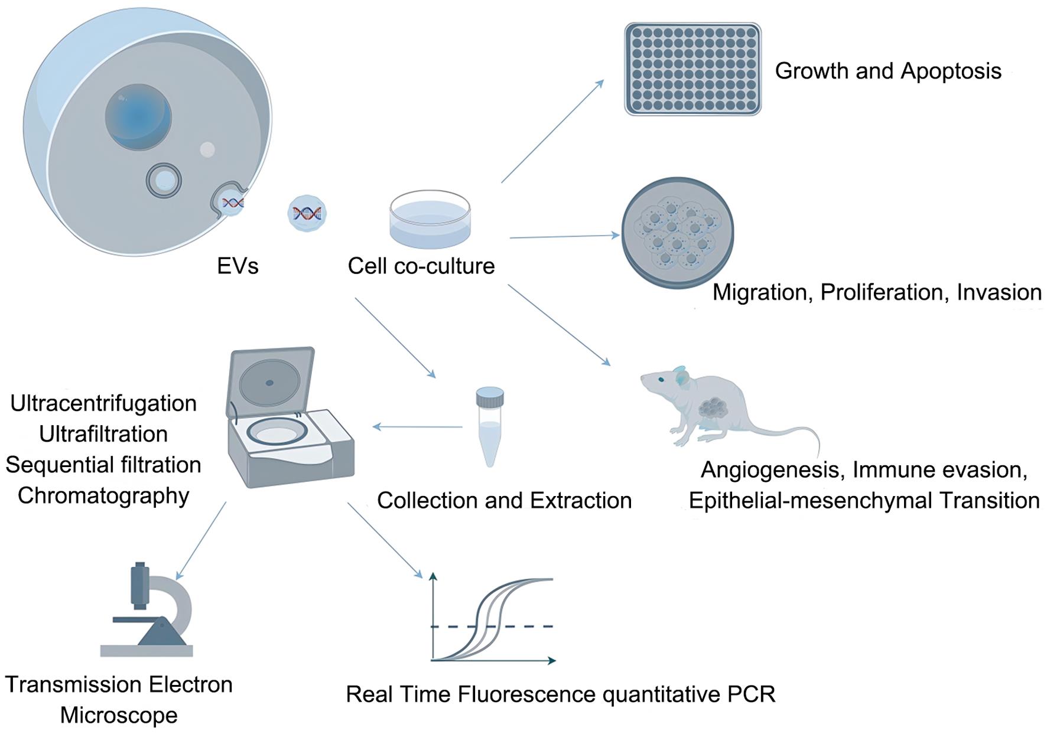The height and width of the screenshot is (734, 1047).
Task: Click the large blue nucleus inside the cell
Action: click(x=138, y=117)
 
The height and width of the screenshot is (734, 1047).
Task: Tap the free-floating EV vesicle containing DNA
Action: click(x=307, y=213)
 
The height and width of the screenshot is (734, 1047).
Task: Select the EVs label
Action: click(x=238, y=266)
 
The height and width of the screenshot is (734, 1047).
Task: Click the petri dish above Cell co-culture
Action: click(x=430, y=219)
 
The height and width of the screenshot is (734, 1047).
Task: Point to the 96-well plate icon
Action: click(x=692, y=69)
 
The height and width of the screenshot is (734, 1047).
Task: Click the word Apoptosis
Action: click(x=951, y=71)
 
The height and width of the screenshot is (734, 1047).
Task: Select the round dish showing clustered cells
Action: click(x=677, y=233)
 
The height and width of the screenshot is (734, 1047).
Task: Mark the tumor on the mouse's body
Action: click(x=714, y=407)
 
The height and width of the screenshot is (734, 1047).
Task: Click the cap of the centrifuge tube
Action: click(x=490, y=396)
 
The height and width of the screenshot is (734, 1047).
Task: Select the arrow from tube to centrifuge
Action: click(x=417, y=426)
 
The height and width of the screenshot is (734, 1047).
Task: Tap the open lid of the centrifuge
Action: click(x=271, y=381)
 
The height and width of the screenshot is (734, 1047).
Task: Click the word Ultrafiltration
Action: click(x=103, y=434)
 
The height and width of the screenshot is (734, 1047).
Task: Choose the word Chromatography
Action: click(x=103, y=495)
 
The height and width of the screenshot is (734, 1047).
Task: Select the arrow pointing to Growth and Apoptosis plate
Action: click(x=552, y=131)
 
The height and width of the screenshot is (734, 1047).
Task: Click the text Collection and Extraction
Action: click(x=504, y=501)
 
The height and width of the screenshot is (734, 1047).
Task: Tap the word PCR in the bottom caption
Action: click(x=752, y=694)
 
